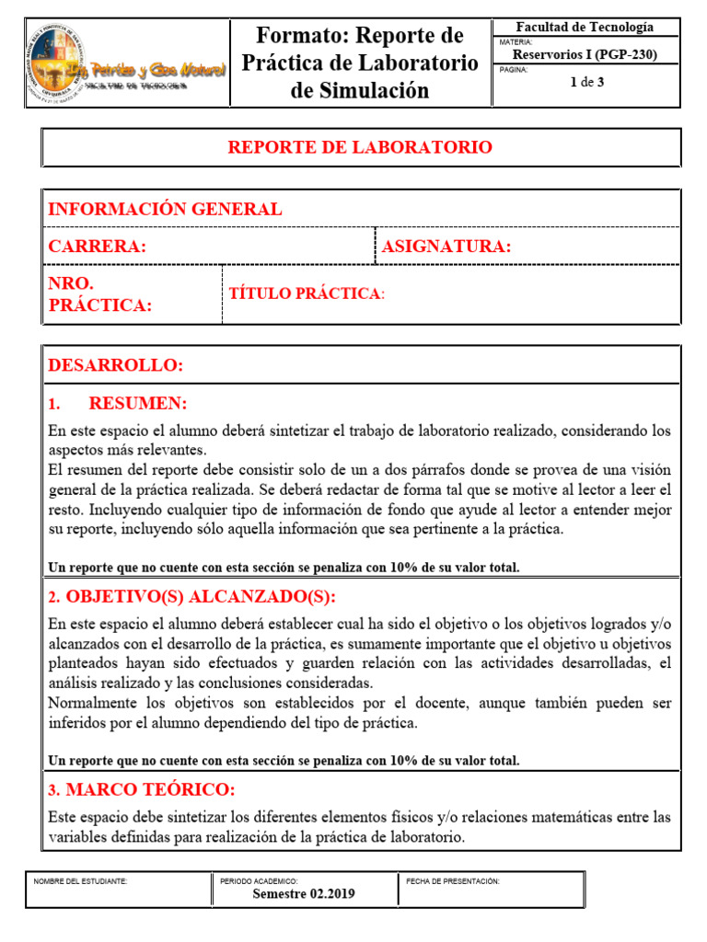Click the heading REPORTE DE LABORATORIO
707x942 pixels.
tap(360, 147)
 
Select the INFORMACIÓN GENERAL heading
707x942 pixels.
tap(165, 209)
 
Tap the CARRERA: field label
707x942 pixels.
tap(97, 247)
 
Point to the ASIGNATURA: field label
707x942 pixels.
tap(446, 247)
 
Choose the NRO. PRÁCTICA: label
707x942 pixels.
tap(99, 294)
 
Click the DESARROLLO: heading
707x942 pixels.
tap(116, 365)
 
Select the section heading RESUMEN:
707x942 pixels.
tap(138, 404)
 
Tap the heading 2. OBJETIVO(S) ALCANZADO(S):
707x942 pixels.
tap(191, 597)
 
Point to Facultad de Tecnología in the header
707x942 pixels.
tap(585, 27)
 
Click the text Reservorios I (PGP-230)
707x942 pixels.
tap(585, 54)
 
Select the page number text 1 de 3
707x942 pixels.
tap(585, 83)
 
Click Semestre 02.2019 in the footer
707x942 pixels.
tap(304, 893)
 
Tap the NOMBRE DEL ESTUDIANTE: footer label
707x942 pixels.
tap(80, 880)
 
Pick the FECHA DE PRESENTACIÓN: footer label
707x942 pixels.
tap(453, 880)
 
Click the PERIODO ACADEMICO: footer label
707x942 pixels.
tap(259, 880)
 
